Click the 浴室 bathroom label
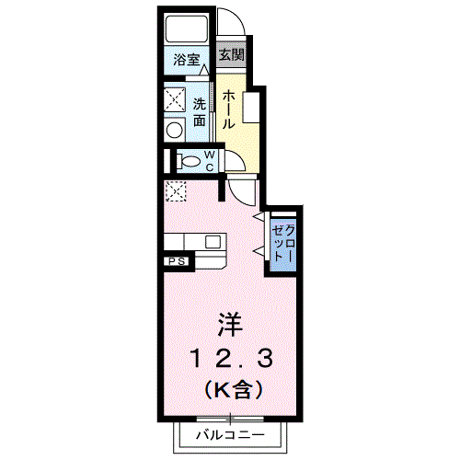pyautogui.click(x=187, y=61)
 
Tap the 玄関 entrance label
pyautogui.click(x=231, y=55)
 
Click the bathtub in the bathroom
pyautogui.click(x=188, y=29)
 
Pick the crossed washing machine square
pyautogui.click(x=175, y=98)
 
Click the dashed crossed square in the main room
pyautogui.click(x=175, y=192)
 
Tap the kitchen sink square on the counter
pyautogui.click(x=213, y=243)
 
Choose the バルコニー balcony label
pyautogui.click(x=229, y=434)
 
